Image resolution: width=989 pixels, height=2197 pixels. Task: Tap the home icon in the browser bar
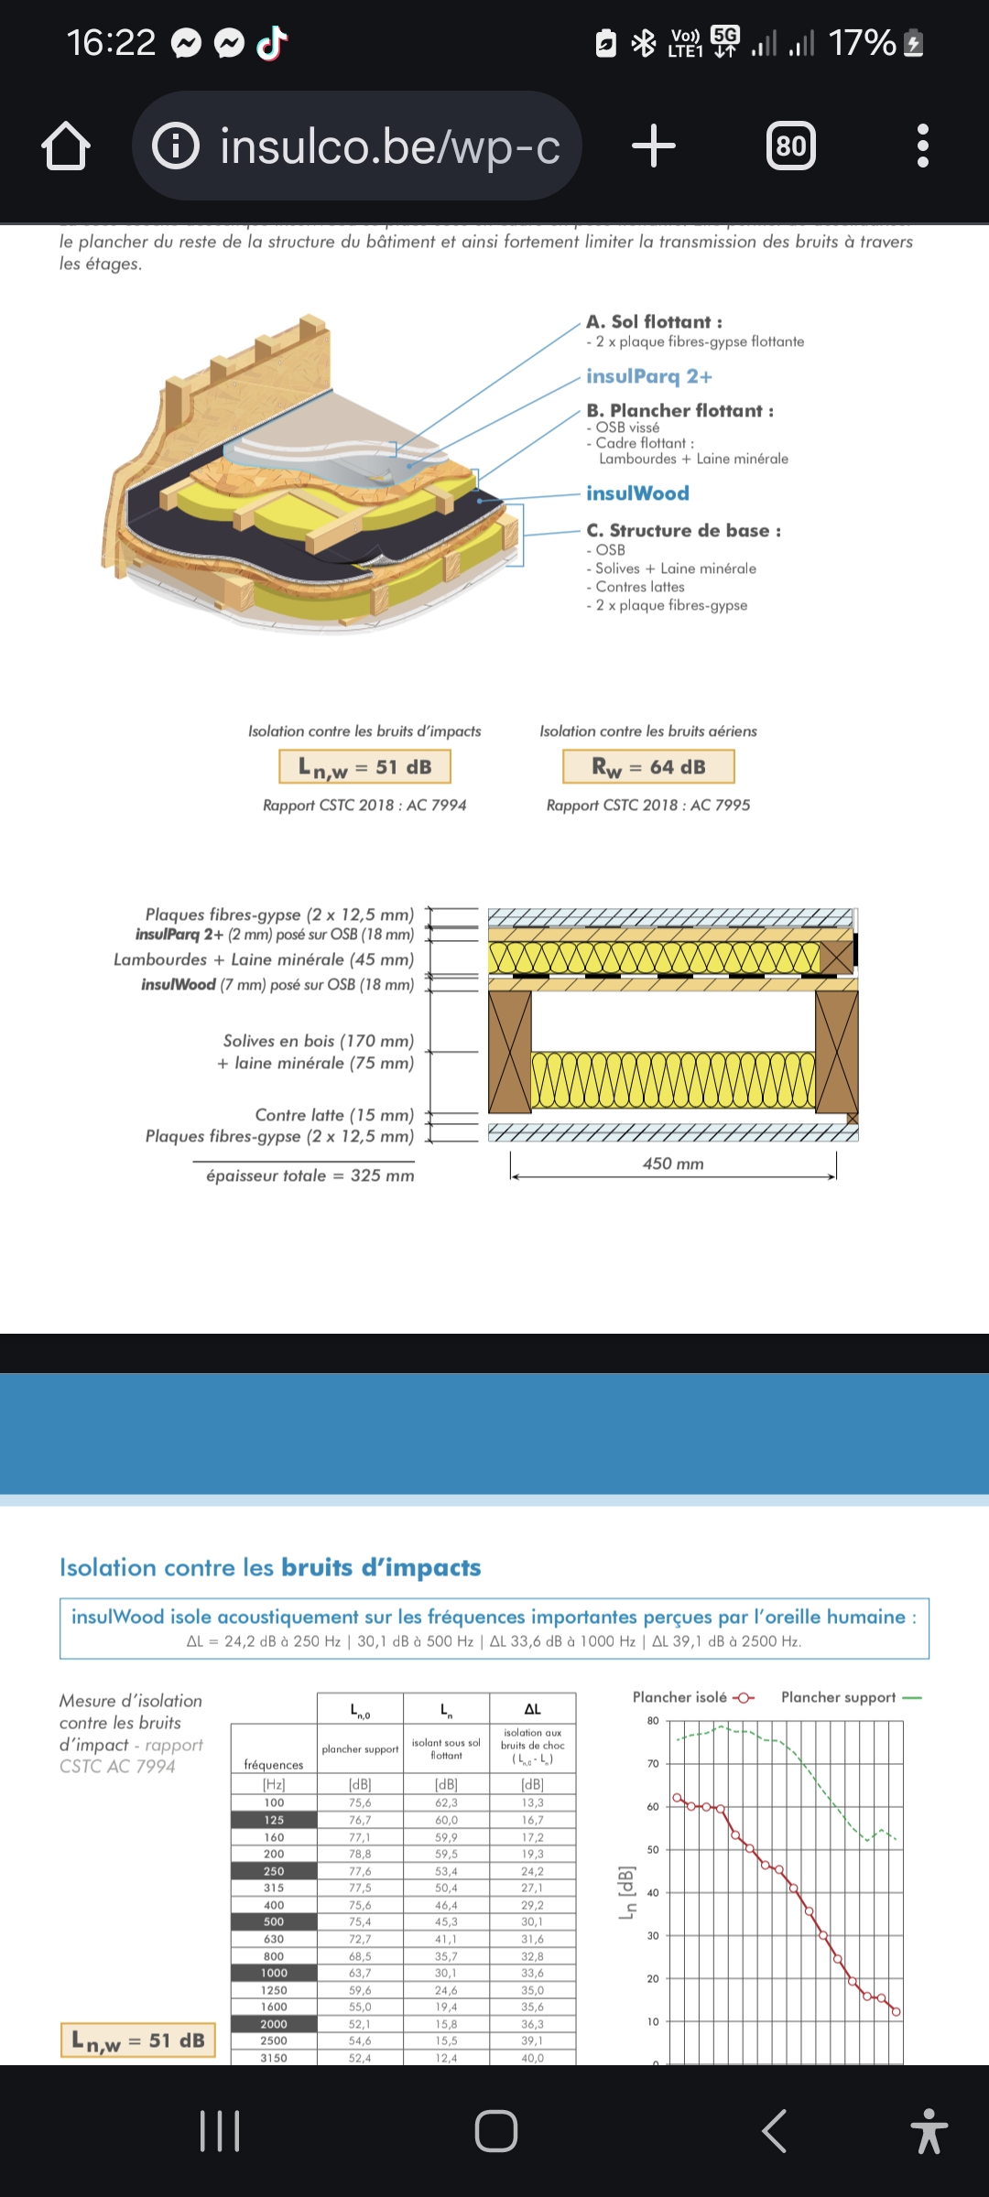point(66,146)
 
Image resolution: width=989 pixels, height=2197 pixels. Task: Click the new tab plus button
point(654,146)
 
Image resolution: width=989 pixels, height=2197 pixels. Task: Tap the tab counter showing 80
point(791,146)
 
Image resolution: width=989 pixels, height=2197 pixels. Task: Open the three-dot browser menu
point(922,146)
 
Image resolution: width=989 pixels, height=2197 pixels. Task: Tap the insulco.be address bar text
point(389,146)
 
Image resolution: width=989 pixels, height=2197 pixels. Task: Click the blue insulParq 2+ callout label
point(648,376)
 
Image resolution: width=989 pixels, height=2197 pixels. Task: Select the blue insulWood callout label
point(637,493)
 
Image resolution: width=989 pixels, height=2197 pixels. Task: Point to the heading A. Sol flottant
point(654,321)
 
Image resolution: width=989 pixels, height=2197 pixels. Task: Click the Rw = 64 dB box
point(648,767)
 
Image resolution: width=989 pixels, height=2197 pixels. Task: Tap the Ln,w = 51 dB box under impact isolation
point(364,767)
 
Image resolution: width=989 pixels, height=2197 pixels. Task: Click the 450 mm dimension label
point(673,1163)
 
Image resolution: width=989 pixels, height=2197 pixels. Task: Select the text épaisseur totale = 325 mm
point(310,1175)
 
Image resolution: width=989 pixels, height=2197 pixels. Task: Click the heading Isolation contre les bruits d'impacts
point(270,1567)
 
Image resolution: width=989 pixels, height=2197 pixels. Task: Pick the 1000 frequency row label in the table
point(274,1973)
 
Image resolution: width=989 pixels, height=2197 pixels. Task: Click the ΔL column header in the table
point(532,1709)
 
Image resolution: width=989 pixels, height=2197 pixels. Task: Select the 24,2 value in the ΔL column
point(532,1871)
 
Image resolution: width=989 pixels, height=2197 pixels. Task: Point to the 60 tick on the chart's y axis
point(653,1806)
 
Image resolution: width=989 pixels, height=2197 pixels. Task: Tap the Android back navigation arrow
point(775,2131)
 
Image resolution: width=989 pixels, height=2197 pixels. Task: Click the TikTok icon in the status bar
point(272,42)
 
